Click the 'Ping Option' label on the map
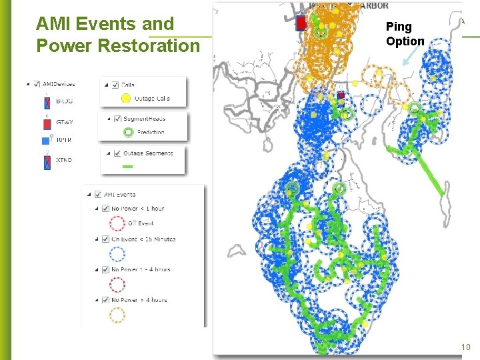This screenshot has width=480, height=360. pyautogui.click(x=405, y=34)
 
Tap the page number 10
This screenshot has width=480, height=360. pyautogui.click(x=465, y=347)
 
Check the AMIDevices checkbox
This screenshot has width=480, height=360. pyautogui.click(x=37, y=84)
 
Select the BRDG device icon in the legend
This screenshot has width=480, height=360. pyautogui.click(x=47, y=102)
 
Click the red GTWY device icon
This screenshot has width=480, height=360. pyautogui.click(x=47, y=122)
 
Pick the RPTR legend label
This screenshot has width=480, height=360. pyautogui.click(x=65, y=141)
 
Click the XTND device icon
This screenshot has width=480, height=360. pyautogui.click(x=47, y=161)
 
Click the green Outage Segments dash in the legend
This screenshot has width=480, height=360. pyautogui.click(x=129, y=166)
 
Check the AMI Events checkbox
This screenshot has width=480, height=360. pyautogui.click(x=98, y=195)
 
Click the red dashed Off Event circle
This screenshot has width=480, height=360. pyautogui.click(x=117, y=223)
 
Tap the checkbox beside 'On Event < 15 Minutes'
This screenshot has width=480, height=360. pyautogui.click(x=105, y=239)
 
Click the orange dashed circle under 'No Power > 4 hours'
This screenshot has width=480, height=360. pyautogui.click(x=117, y=314)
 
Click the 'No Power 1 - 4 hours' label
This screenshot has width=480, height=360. pyautogui.click(x=141, y=270)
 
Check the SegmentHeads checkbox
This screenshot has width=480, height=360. pyautogui.click(x=117, y=119)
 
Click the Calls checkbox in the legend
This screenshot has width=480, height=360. pyautogui.click(x=117, y=85)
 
